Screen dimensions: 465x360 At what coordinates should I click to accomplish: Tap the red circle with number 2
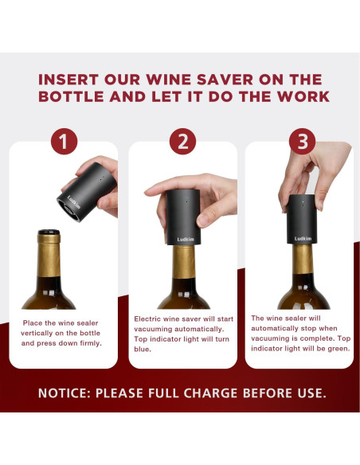pos(182,142)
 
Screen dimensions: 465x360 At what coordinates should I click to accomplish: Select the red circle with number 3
pos(301,142)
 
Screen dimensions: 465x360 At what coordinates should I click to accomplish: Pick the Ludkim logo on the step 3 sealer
pos(303,237)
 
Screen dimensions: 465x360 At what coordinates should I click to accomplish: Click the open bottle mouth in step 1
pos(49,234)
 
